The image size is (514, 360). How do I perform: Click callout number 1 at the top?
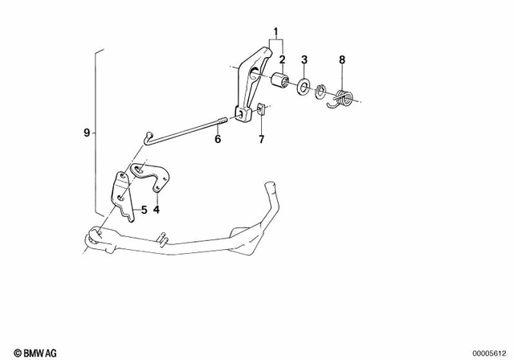click(x=277, y=33)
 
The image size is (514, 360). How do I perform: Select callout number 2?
click(x=283, y=59)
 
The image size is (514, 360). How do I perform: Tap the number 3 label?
click(x=304, y=59)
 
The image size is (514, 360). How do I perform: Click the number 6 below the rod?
click(x=217, y=139)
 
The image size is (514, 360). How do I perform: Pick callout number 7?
click(x=261, y=139)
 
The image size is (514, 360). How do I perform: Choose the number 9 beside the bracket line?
click(x=87, y=132)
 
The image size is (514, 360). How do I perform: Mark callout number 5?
click(x=144, y=210)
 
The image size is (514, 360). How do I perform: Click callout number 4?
click(x=157, y=210)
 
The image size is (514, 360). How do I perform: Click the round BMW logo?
click(x=8, y=352)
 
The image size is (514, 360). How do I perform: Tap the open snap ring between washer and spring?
click(x=321, y=92)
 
